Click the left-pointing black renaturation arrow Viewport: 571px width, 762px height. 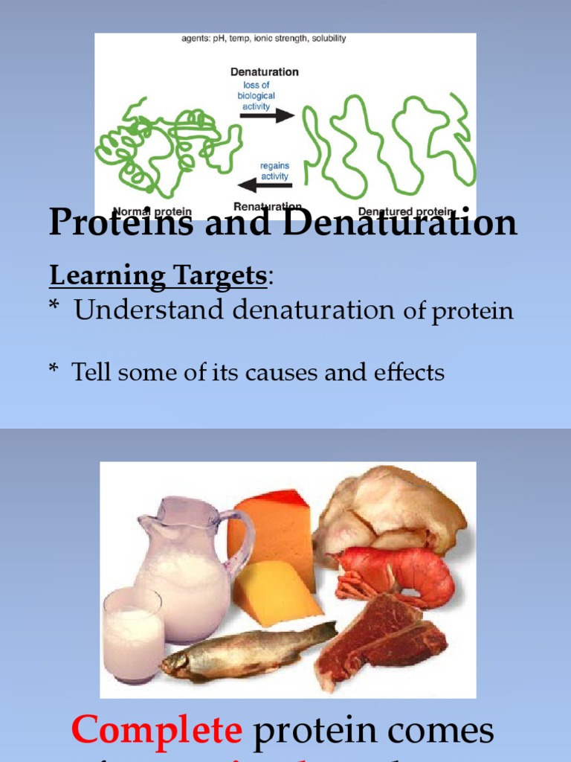point(265,185)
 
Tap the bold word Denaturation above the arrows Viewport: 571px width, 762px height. point(264,72)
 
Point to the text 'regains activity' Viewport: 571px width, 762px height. point(274,170)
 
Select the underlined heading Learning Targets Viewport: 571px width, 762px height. point(158,276)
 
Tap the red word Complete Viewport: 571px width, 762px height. point(156,730)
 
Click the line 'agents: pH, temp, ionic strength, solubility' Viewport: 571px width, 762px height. point(263,39)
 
